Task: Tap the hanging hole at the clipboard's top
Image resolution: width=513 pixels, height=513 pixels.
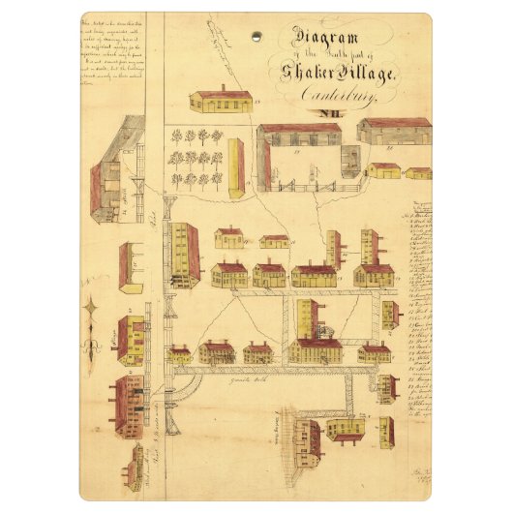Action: [256, 36]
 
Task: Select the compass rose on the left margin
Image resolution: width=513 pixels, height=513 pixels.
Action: [92, 319]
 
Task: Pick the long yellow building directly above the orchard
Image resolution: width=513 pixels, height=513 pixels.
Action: [221, 101]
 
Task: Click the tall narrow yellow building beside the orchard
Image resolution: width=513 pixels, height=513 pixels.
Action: [235, 167]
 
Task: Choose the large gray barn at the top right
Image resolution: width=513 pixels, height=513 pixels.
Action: [394, 131]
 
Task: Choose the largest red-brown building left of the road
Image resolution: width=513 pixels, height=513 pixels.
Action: [129, 404]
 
